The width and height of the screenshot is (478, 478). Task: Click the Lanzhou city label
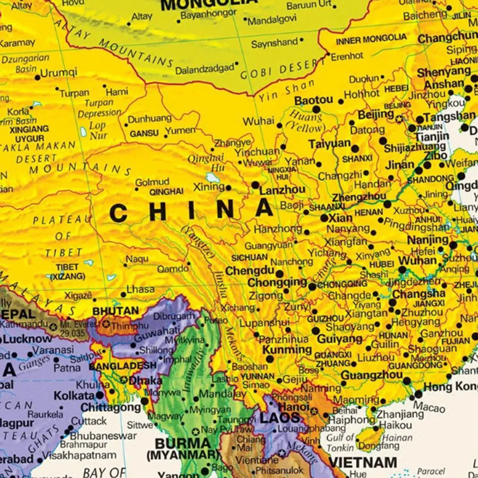pyautogui.click(x=282, y=190)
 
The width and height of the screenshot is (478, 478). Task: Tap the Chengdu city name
pyautogui.click(x=249, y=271)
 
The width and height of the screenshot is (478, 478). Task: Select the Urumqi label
pyautogui.click(x=58, y=73)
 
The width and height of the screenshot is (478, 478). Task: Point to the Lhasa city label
pyautogui.click(x=141, y=289)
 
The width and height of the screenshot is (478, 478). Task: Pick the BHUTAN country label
pyautogui.click(x=115, y=311)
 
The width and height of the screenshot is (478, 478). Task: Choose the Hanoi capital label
pyautogui.click(x=293, y=406)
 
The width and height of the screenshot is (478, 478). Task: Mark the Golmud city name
pyautogui.click(x=152, y=182)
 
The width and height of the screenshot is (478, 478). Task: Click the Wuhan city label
pyautogui.click(x=417, y=261)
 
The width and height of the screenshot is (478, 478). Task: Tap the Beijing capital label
pyautogui.click(x=376, y=115)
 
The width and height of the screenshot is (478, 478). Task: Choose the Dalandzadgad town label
pyautogui.click(x=204, y=70)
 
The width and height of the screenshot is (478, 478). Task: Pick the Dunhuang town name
pyautogui.click(x=150, y=118)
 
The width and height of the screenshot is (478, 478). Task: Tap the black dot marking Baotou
pyautogui.click(x=316, y=109)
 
